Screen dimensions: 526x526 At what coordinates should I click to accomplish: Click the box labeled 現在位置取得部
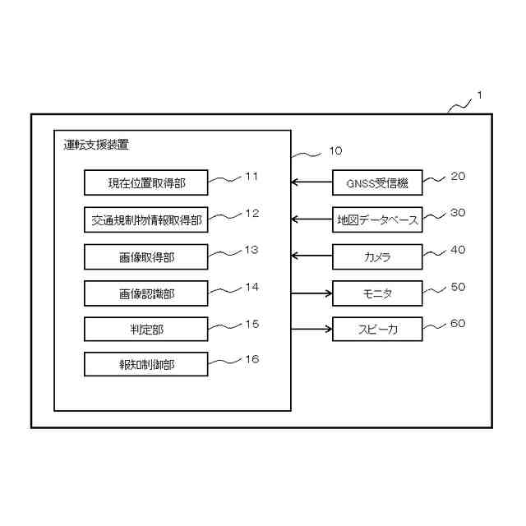point(145,182)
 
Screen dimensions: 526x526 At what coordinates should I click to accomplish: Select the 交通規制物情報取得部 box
point(145,220)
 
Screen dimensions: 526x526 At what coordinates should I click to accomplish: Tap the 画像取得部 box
point(145,257)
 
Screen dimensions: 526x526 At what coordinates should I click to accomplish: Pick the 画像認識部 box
point(145,293)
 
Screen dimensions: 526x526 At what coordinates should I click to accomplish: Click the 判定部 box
point(145,330)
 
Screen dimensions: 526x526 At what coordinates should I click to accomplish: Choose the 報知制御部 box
point(145,364)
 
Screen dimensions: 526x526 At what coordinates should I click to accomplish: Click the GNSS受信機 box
point(377,182)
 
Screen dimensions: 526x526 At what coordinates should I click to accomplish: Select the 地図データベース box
point(377,220)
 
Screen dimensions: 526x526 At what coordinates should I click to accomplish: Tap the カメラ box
point(377,257)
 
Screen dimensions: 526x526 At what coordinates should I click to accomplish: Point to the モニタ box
point(377,293)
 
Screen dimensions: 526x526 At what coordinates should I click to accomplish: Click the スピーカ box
point(377,330)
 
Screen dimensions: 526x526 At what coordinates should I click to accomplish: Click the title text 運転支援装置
point(96,145)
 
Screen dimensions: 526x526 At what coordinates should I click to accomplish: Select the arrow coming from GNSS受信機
point(312,182)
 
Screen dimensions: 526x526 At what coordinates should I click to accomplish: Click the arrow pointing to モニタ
point(312,293)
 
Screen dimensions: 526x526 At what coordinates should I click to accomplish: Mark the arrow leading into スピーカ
point(312,330)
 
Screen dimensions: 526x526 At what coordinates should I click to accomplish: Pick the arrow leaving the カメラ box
point(312,257)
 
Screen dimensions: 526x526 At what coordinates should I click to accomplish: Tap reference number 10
point(335,151)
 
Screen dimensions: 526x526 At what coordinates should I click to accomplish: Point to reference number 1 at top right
point(479,95)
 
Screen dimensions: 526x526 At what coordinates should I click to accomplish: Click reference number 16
point(252,359)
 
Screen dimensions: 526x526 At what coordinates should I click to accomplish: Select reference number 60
point(458,323)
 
